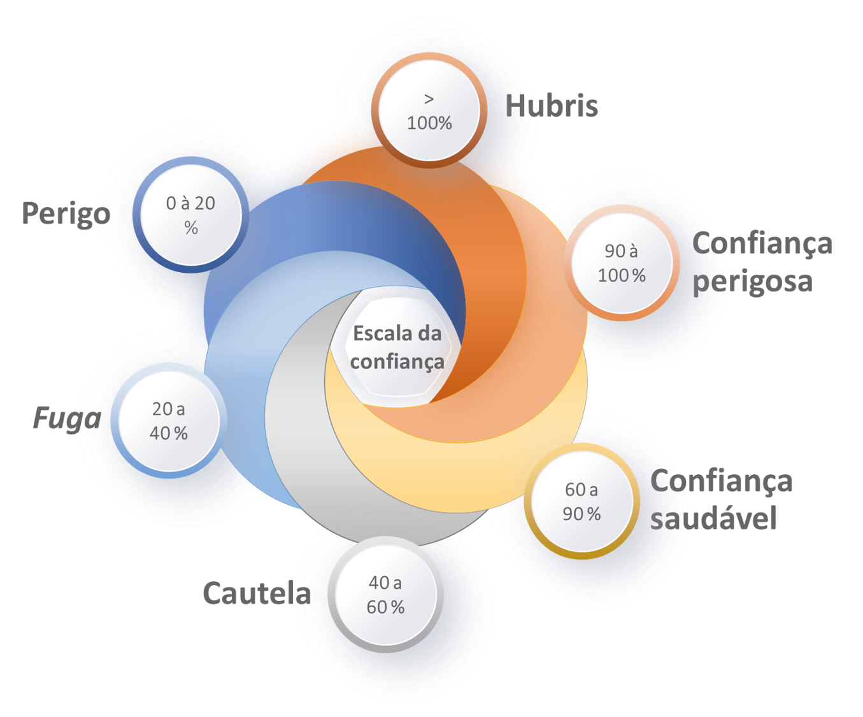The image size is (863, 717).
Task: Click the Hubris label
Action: (x=552, y=105)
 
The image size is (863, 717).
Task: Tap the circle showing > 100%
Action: (x=429, y=111)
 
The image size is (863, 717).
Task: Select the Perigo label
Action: (x=66, y=213)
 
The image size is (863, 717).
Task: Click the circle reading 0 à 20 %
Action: (x=190, y=215)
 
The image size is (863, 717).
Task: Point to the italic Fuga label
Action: (x=66, y=419)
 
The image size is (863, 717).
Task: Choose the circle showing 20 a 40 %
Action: (x=169, y=421)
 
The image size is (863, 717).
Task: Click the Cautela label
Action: (x=257, y=593)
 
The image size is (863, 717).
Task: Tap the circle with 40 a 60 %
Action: (x=385, y=595)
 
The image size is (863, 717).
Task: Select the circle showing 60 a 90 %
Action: (x=581, y=502)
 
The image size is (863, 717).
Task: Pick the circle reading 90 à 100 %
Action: (x=622, y=263)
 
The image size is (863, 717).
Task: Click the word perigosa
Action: (x=753, y=281)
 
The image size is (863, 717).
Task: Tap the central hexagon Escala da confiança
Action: (x=397, y=348)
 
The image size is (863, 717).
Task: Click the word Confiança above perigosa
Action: (x=762, y=243)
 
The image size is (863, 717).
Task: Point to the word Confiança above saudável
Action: (x=721, y=481)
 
